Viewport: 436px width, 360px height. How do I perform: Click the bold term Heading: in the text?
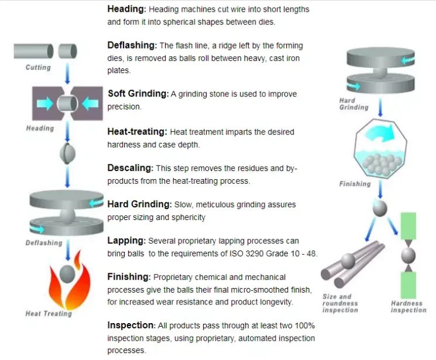point(127,9)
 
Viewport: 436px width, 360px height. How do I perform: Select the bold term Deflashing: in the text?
point(132,45)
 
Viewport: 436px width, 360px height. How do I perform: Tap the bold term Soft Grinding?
point(138,94)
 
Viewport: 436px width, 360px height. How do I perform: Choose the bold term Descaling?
point(130,168)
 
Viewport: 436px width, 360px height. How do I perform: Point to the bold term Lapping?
point(126,241)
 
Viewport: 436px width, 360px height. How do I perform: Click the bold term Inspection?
point(132,325)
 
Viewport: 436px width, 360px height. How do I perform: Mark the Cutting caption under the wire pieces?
point(38,67)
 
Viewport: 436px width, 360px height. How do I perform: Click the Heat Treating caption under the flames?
point(49,314)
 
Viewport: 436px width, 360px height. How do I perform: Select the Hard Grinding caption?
point(354,104)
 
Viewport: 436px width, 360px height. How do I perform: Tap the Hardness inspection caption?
point(408,307)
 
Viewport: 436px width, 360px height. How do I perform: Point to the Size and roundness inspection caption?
point(340,303)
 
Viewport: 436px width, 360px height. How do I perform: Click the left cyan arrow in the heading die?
point(45,104)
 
